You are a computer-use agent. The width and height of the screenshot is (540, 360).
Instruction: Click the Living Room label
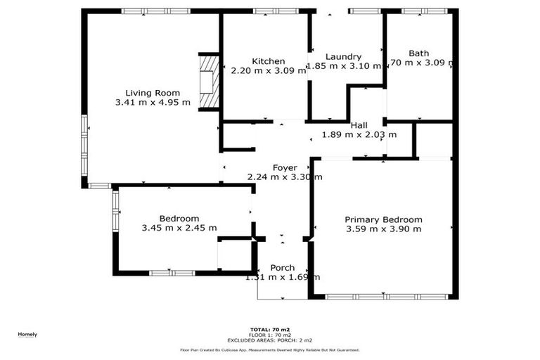coord(153,93)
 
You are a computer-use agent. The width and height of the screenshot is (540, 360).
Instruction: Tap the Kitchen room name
coord(269,61)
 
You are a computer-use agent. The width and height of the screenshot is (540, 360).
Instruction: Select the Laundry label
coord(344,57)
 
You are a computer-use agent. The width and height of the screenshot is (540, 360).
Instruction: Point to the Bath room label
coord(418,53)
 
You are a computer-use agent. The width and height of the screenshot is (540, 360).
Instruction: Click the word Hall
coord(359,125)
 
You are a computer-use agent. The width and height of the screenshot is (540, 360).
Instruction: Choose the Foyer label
coord(285,167)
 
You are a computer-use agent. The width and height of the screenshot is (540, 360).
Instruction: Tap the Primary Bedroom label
coord(383,219)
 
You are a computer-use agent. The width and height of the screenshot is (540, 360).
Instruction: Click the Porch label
coord(283,268)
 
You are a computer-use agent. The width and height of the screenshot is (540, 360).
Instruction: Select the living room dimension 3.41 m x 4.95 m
coord(153,103)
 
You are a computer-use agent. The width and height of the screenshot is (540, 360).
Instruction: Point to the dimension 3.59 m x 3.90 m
coord(383,229)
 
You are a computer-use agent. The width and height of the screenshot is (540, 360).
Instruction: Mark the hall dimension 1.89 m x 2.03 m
coord(359,135)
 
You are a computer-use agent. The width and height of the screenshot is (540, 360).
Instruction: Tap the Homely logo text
coord(27,334)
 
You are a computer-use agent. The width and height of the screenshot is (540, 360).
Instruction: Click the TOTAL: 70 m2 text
coord(270,329)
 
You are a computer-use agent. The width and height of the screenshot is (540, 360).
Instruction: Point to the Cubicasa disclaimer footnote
coord(270,349)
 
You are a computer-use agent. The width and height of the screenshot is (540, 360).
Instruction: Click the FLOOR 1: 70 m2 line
coord(270,334)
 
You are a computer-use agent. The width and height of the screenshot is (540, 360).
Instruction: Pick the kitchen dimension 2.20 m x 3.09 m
coord(269,70)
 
